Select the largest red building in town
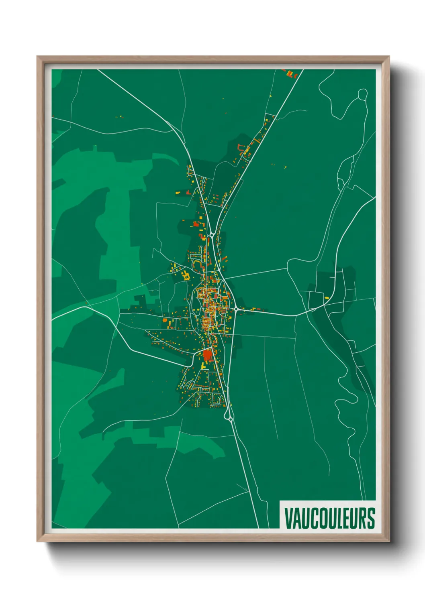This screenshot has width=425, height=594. [x=207, y=355]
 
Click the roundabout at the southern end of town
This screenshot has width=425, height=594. [x=230, y=419]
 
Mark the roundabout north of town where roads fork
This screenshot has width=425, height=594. [x=211, y=234]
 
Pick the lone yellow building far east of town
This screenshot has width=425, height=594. [x=327, y=298]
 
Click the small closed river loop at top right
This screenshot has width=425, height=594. [x=362, y=94]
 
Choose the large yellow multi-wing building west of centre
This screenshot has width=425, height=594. [x=186, y=276]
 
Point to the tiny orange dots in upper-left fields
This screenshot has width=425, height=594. [x=119, y=117]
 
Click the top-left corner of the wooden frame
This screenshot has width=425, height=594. [x=37, y=57]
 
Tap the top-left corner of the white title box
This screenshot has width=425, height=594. [x=280, y=501]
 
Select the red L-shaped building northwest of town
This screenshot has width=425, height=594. [x=240, y=148]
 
